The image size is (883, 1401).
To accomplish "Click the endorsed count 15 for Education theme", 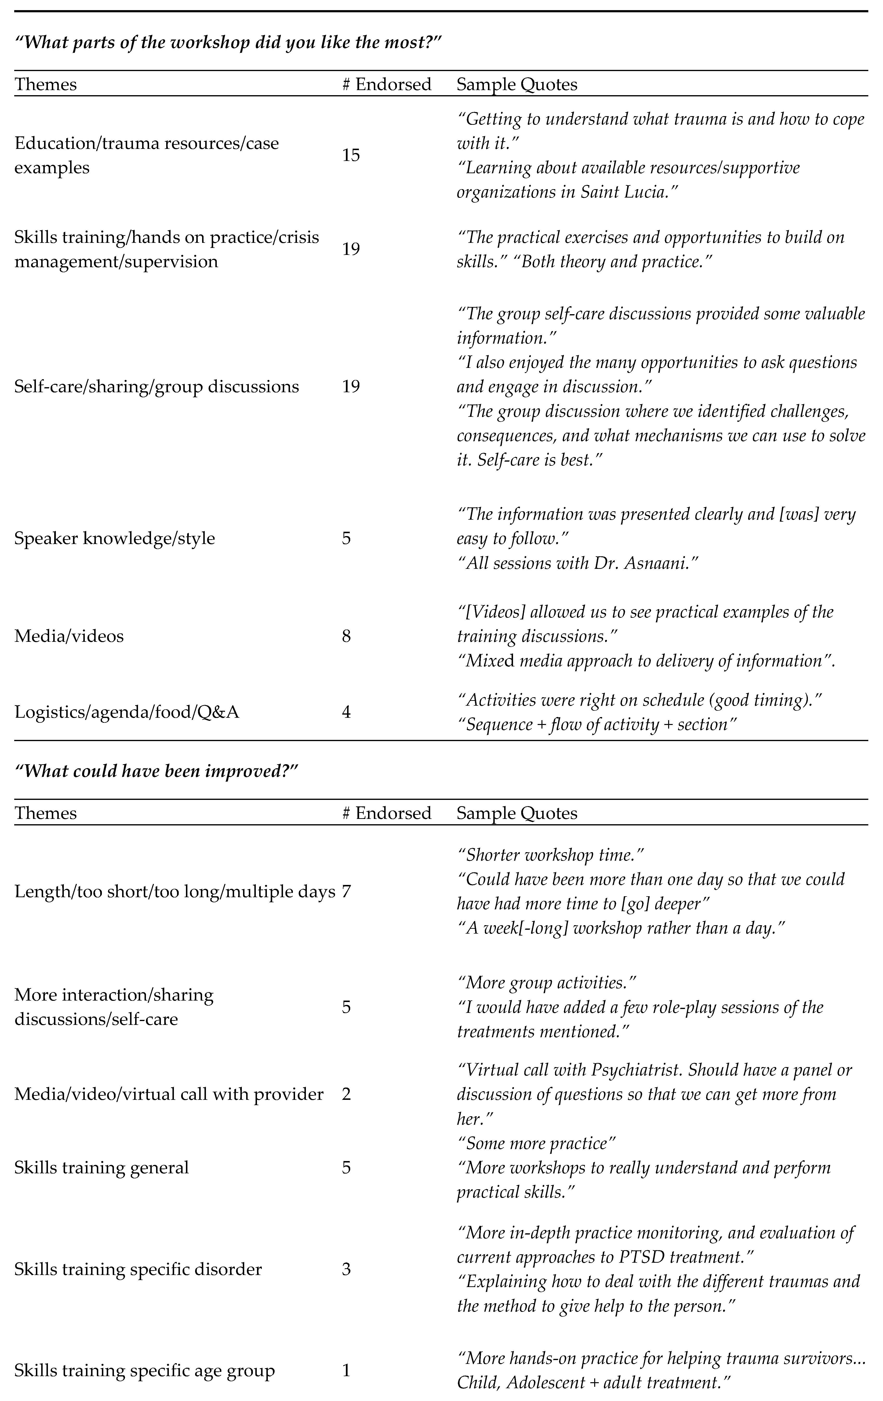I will pyautogui.click(x=351, y=155).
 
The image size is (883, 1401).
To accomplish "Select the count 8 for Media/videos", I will pyautogui.click(x=346, y=636).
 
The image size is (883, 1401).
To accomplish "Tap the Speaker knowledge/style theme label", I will pyautogui.click(x=115, y=538).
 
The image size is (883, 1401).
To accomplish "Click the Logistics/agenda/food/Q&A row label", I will pyautogui.click(x=127, y=712).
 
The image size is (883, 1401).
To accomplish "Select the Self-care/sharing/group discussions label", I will pyautogui.click(x=157, y=387).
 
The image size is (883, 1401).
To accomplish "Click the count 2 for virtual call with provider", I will pyautogui.click(x=346, y=1094).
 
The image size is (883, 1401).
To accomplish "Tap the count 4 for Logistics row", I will pyautogui.click(x=346, y=712).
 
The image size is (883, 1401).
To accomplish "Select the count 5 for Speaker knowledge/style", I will pyautogui.click(x=346, y=538).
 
